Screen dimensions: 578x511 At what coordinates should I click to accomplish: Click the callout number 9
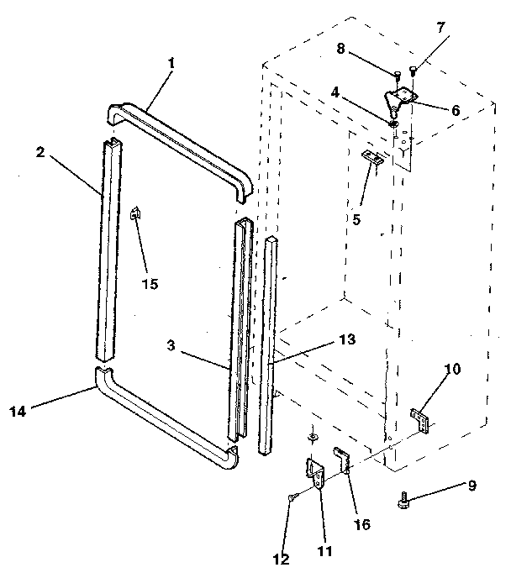click(472, 485)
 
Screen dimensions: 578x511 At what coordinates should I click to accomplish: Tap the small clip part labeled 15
click(134, 213)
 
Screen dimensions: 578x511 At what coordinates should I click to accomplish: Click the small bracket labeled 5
click(372, 157)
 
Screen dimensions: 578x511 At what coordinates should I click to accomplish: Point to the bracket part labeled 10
click(420, 419)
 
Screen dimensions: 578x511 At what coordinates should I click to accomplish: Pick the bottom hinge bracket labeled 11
click(317, 475)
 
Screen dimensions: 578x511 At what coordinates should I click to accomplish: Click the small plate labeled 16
click(342, 460)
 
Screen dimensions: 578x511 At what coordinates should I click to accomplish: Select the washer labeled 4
click(393, 124)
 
